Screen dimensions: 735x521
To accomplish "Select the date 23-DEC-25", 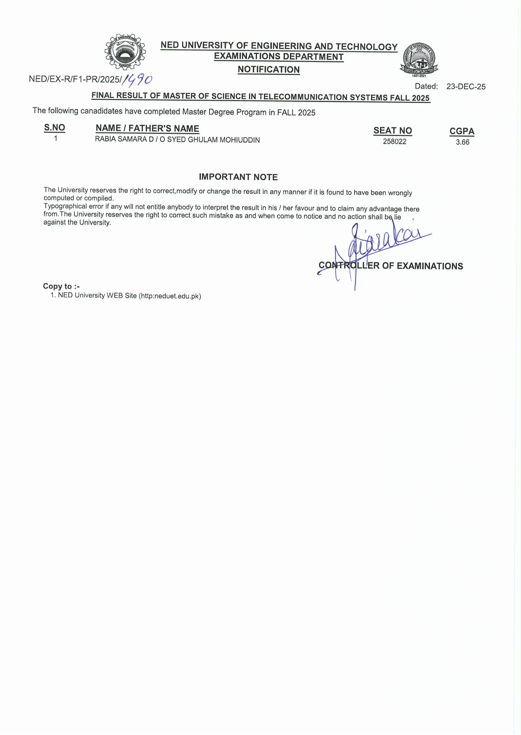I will pyautogui.click(x=466, y=87).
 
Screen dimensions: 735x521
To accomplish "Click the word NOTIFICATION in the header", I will pyautogui.click(x=268, y=69).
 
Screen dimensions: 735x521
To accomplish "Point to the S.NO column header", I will pyautogui.click(x=54, y=127).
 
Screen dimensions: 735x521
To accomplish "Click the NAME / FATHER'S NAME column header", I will pyautogui.click(x=147, y=128).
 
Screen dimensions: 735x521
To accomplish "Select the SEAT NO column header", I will pyautogui.click(x=392, y=131).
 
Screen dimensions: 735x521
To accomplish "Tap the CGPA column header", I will pyautogui.click(x=462, y=131).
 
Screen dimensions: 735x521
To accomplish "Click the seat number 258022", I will pyautogui.click(x=394, y=142).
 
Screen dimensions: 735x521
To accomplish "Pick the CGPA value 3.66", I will pyautogui.click(x=462, y=142).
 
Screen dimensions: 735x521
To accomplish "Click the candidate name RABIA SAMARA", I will pyautogui.click(x=121, y=139).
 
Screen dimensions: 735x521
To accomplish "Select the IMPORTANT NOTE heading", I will pyautogui.click(x=238, y=177).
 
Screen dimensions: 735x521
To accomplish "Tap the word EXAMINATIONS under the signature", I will pyautogui.click(x=429, y=266).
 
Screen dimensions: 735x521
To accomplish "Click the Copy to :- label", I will pyautogui.click(x=61, y=286).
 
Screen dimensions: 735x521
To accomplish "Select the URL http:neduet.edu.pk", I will pyautogui.click(x=170, y=296).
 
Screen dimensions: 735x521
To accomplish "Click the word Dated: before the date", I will pyautogui.click(x=426, y=86).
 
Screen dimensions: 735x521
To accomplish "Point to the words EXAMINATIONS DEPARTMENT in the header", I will pyautogui.click(x=278, y=56).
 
